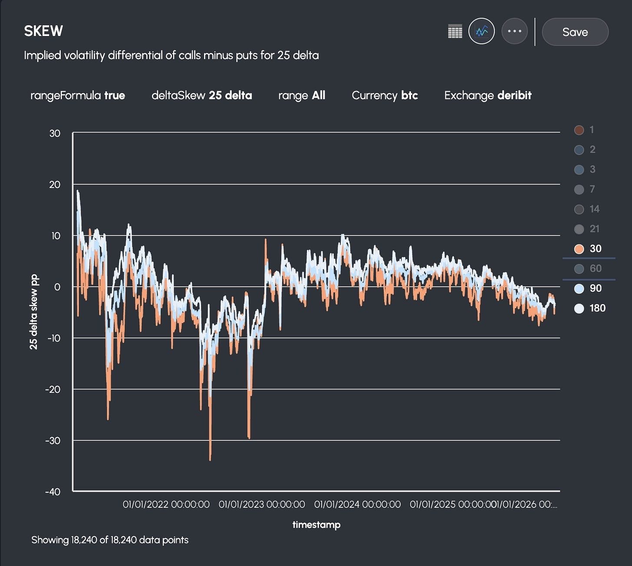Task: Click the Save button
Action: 575,32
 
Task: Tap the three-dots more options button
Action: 514,31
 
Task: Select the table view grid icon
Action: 455,32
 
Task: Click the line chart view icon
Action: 481,31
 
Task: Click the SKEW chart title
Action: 43,31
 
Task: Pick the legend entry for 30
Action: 588,249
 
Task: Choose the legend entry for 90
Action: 588,289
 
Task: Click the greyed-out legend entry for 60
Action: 588,269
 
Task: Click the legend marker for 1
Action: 579,130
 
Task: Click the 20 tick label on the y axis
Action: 55,184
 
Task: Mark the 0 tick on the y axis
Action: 57,287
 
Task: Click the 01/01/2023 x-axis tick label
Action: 262,504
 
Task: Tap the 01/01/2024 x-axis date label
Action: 357,504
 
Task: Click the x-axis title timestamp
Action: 316,525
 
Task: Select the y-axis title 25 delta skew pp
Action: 34,312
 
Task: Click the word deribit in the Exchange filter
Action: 514,95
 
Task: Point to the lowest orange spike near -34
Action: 210,459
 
